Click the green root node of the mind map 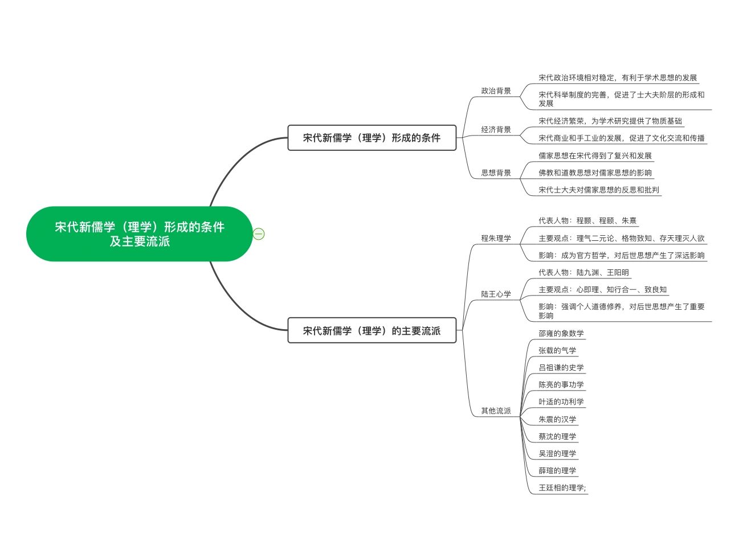point(140,233)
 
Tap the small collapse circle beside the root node point(259,233)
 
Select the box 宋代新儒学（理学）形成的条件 point(372,138)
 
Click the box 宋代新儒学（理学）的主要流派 point(372,331)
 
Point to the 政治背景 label point(496,91)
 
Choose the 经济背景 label point(496,130)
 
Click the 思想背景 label point(496,173)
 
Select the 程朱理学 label point(496,239)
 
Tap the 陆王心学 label point(496,294)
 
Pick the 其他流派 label point(496,411)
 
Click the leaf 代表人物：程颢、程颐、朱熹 point(587,221)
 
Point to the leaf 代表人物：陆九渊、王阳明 point(583,273)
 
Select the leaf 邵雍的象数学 point(561,334)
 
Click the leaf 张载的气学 point(557,351)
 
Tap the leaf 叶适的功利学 point(561,402)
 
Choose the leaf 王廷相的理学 point(562,488)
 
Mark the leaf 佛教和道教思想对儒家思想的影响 point(595,173)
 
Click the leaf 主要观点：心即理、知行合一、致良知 point(602,290)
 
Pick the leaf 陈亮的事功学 point(561,385)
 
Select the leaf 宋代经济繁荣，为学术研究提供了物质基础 point(610,121)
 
